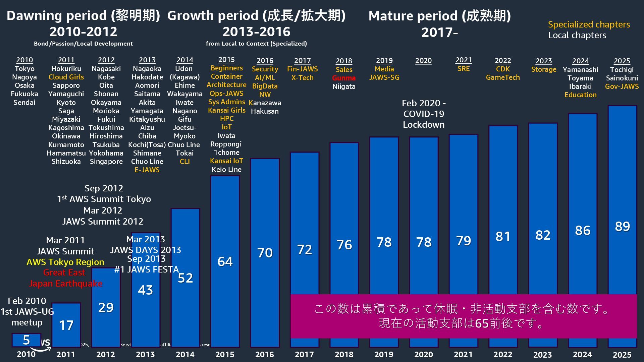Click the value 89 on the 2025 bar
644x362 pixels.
tap(622, 227)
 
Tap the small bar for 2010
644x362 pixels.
tap(26, 340)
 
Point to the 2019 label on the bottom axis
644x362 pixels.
tap(384, 355)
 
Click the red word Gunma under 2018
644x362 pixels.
tap(344, 78)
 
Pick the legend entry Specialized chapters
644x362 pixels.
tap(589, 24)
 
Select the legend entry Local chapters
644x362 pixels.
tap(577, 35)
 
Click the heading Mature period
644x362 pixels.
tap(439, 16)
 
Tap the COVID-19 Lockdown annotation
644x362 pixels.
tap(424, 114)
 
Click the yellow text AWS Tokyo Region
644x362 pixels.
tap(65, 262)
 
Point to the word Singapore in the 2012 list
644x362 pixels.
tap(106, 161)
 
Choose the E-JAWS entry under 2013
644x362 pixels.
tap(147, 170)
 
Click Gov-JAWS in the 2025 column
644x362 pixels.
tap(622, 86)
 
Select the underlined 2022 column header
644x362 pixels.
tap(503, 61)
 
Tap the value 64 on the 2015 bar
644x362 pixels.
tap(225, 261)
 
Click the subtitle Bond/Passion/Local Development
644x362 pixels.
tap(83, 44)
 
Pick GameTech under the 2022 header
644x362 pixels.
tap(503, 77)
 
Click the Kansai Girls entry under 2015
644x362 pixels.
tap(227, 110)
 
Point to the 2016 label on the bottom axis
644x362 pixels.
tap(265, 355)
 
